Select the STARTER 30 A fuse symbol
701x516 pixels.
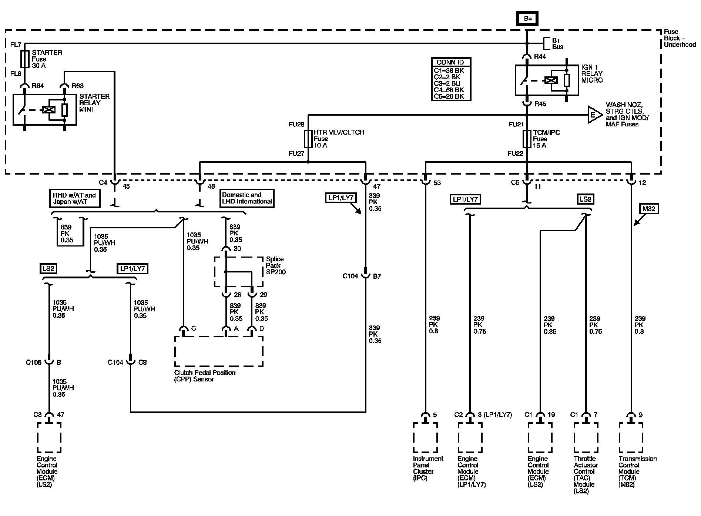point(25,59)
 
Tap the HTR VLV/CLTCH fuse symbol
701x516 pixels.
point(308,139)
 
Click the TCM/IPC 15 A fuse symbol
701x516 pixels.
point(527,139)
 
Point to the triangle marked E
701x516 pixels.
point(594,115)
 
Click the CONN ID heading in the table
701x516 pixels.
point(450,62)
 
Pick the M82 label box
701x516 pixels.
point(649,209)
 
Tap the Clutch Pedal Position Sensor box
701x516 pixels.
point(219,351)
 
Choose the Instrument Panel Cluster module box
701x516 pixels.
point(425,437)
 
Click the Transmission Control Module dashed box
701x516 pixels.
point(631,437)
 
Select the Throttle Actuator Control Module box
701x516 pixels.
point(586,437)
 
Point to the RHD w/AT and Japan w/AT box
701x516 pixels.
point(74,198)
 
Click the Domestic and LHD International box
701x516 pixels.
point(247,198)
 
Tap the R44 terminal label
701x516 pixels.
point(540,57)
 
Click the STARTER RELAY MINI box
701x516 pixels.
point(45,109)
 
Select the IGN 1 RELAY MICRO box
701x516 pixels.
point(547,80)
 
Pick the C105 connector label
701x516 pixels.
point(34,363)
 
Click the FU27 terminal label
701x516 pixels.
point(296,153)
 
